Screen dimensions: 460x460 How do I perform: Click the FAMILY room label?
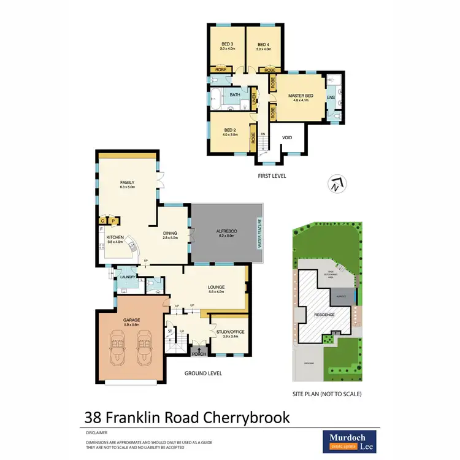[127, 182]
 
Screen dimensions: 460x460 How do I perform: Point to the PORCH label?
[198, 353]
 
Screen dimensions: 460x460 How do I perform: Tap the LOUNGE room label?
[216, 286]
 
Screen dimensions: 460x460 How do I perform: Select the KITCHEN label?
[115, 237]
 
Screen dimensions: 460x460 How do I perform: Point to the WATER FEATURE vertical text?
[259, 233]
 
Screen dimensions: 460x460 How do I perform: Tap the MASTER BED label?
[301, 95]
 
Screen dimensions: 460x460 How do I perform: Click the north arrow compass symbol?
[335, 183]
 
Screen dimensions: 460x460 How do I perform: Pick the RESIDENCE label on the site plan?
[324, 315]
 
